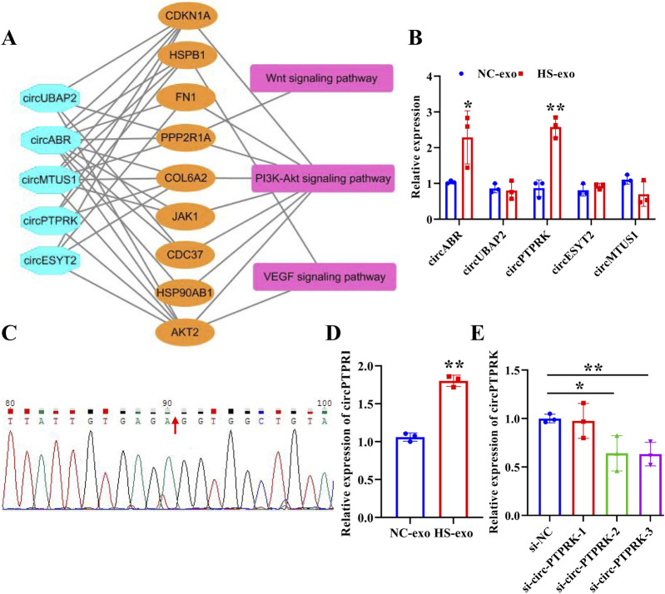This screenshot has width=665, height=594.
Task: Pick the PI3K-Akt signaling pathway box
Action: (x=321, y=176)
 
